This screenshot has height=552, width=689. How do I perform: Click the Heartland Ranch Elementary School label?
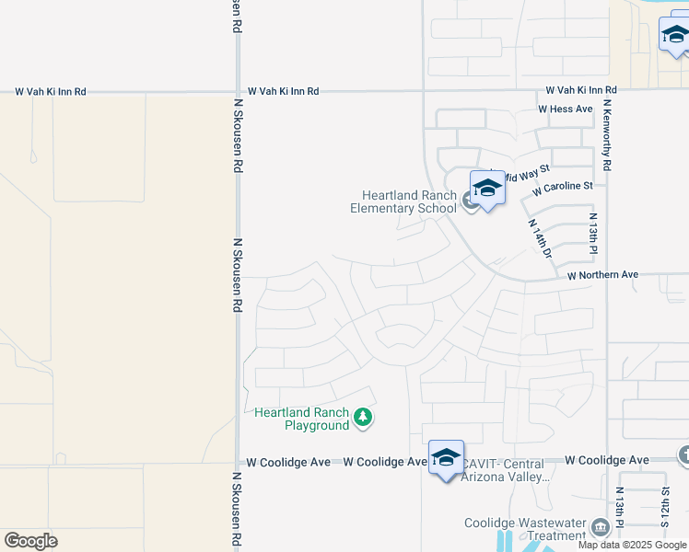pos(403,201)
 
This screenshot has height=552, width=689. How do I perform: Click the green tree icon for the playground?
pos(363,419)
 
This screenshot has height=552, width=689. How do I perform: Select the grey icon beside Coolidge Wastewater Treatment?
pos(601,527)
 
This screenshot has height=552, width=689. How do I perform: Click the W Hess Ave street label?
pos(566,109)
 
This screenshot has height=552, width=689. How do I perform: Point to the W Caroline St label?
pos(563,187)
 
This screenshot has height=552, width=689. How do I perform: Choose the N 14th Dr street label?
pos(539,238)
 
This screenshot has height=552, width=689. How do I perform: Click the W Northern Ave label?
pos(602,275)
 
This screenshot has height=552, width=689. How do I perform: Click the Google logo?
pos(30,541)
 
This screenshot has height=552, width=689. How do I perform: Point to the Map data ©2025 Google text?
pos(631,545)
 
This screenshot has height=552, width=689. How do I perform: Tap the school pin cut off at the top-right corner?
pos(674,37)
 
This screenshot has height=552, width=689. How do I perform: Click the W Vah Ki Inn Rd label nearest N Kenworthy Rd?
pos(580,90)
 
